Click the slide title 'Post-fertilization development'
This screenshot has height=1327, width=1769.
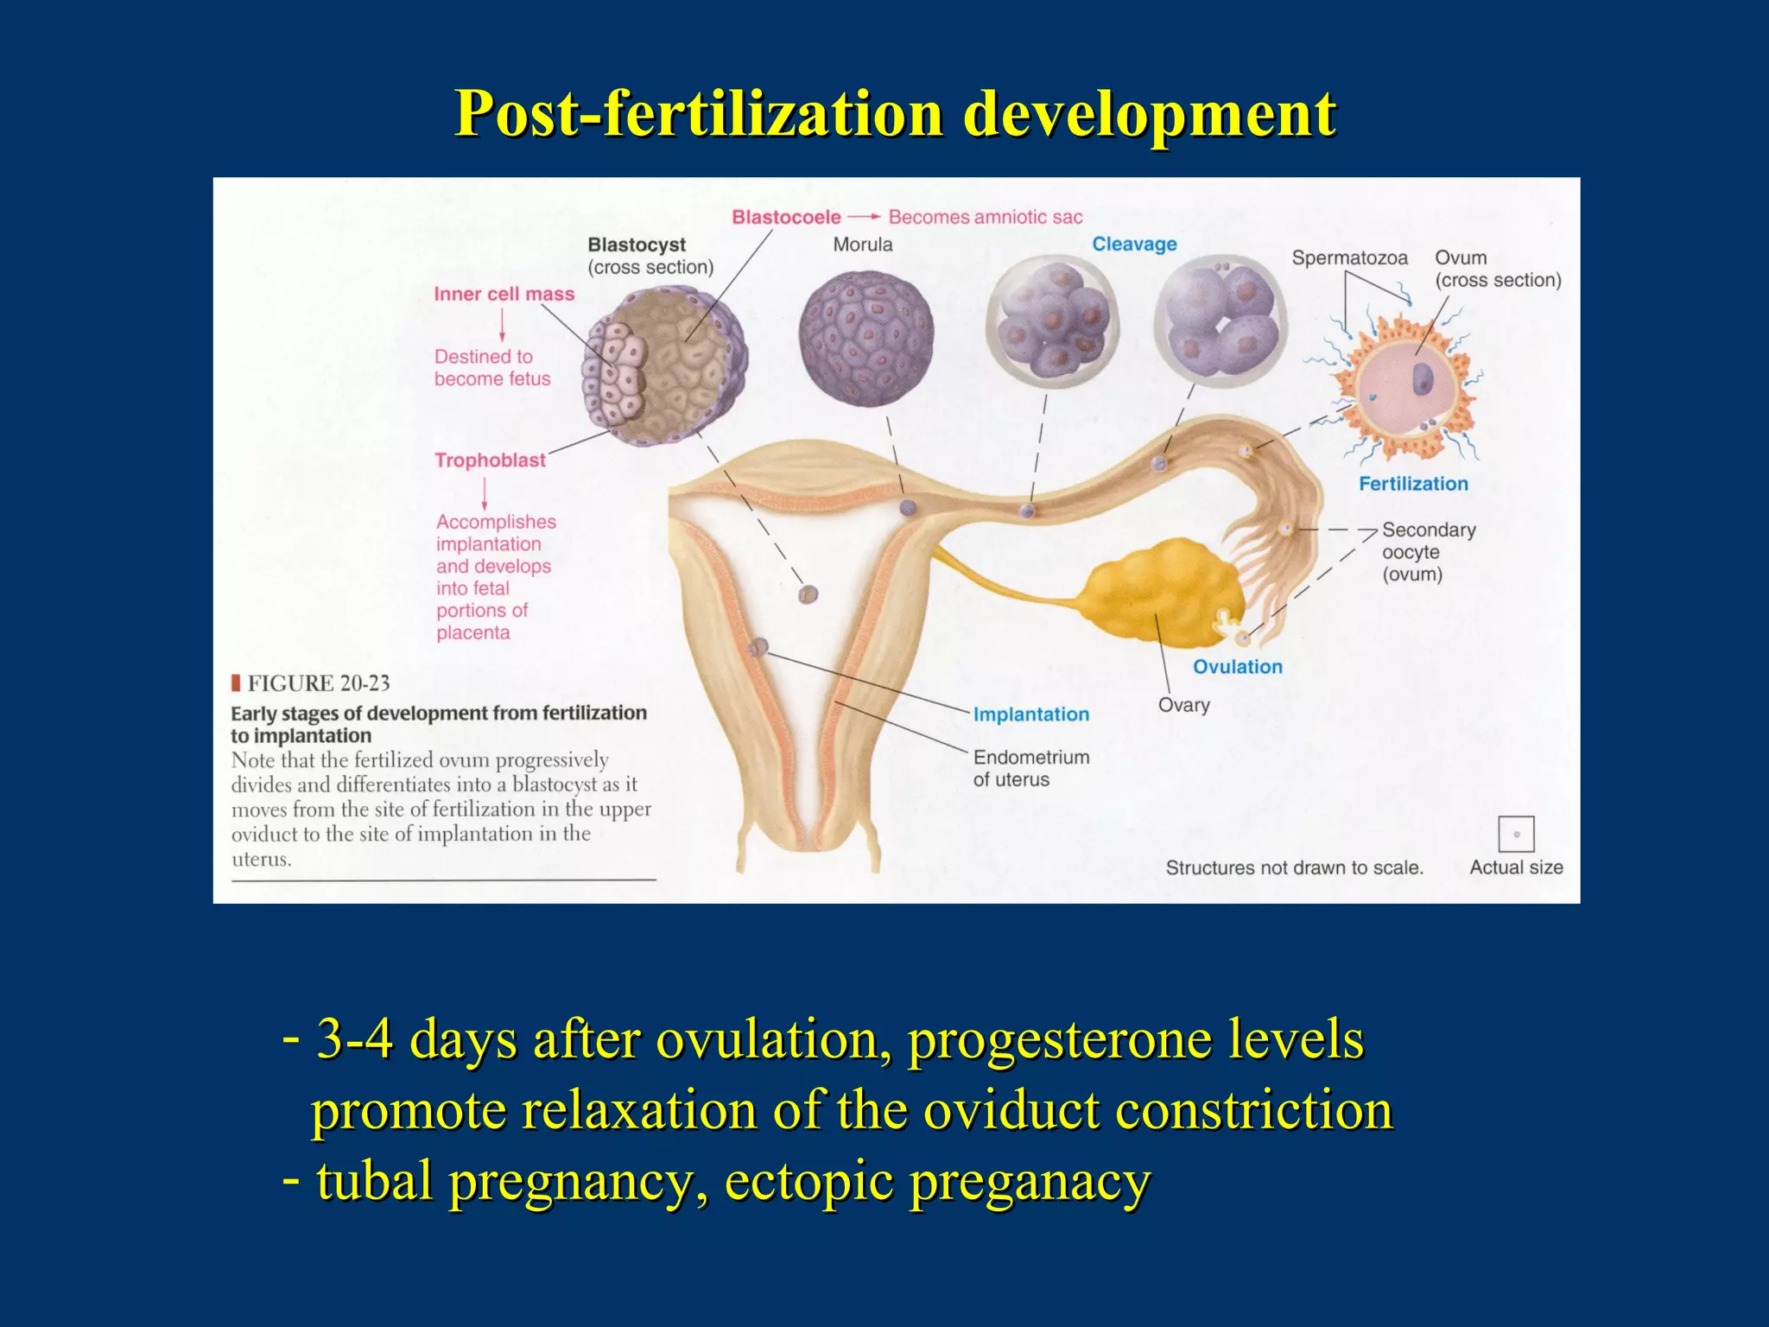coord(896,113)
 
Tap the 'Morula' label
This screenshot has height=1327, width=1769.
coord(862,244)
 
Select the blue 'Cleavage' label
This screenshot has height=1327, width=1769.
coord(1134,244)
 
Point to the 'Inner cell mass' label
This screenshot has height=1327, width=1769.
coord(504,295)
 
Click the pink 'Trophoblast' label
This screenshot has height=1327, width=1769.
coord(490,460)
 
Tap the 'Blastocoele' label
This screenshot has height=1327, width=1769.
coord(786,217)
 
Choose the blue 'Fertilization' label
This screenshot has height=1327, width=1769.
coord(1413,484)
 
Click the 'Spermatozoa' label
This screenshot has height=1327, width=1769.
coord(1349,258)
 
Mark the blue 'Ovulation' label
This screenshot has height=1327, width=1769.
coord(1237,667)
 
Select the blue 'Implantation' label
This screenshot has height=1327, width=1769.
coord(1030,714)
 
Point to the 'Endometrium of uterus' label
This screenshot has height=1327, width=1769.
coord(1030,768)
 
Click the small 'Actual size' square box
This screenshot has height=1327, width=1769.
coord(1516,834)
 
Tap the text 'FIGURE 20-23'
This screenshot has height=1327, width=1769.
coord(318,683)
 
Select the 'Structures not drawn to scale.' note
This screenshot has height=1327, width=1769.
coord(1294,867)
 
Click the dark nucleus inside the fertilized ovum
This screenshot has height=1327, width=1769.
coord(1422,378)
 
